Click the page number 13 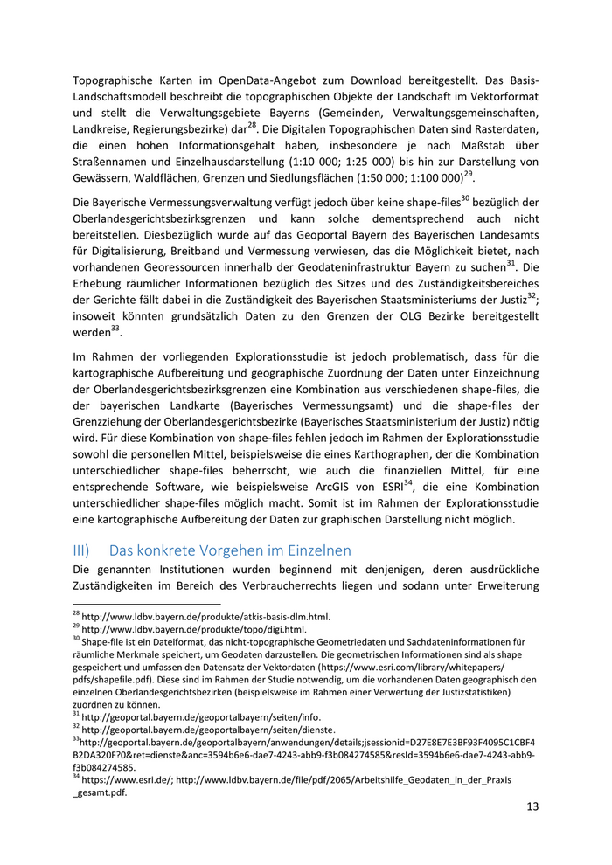click(x=532, y=806)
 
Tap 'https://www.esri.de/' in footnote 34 click(x=127, y=778)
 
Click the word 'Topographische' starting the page click(x=114, y=76)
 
